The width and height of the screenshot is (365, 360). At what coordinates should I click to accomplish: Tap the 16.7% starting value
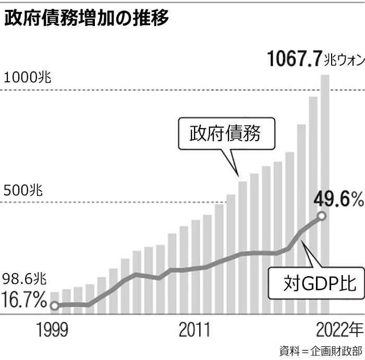point(24,300)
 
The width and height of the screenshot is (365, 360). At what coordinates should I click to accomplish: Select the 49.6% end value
point(338,198)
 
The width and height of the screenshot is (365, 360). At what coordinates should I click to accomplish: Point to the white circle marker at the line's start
point(54,306)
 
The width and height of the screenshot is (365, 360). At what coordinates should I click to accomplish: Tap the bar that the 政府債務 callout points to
point(243,245)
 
